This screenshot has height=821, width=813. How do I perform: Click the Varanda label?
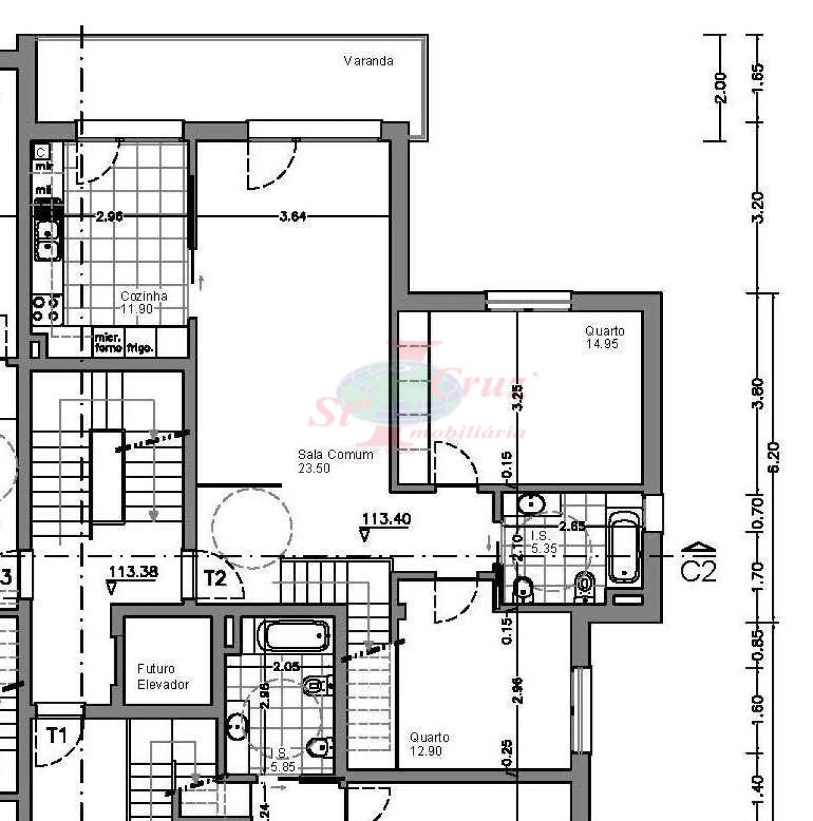[x=368, y=61]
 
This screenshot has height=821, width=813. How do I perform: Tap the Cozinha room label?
[x=144, y=302]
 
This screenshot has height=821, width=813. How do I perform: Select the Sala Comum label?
[x=335, y=461]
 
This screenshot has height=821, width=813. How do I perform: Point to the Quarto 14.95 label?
[x=604, y=337]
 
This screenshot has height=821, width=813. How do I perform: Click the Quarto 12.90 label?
[x=429, y=744]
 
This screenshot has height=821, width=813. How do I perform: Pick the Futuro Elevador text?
[x=163, y=676]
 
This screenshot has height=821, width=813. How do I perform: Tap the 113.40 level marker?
[x=386, y=519]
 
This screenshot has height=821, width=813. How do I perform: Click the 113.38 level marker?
[x=133, y=571]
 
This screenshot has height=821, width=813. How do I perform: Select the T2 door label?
[x=215, y=578]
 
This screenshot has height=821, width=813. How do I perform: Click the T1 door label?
[x=57, y=736]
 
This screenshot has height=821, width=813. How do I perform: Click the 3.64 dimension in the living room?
[x=293, y=217]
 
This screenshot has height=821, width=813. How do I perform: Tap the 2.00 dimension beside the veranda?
[x=720, y=88]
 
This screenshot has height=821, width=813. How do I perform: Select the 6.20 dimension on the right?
[x=774, y=457]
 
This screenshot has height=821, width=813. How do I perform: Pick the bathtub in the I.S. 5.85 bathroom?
[x=297, y=635]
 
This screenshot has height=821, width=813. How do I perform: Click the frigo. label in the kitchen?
[x=139, y=347]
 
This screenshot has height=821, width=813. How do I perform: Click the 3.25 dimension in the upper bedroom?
[x=517, y=397]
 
